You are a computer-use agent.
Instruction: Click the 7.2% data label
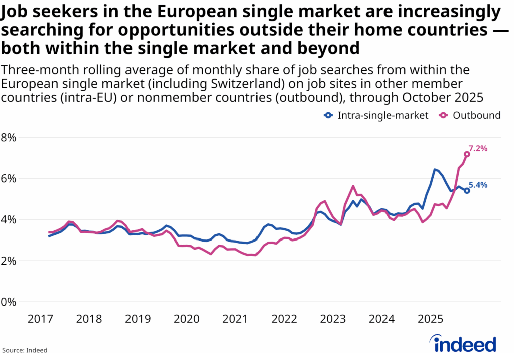tap(478, 148)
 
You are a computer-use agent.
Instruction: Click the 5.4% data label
tap(478, 185)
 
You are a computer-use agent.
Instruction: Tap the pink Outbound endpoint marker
tap(467, 154)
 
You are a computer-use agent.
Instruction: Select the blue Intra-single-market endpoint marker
tap(467, 191)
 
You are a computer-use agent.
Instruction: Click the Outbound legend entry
tap(471, 115)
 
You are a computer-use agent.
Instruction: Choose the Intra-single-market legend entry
tap(376, 115)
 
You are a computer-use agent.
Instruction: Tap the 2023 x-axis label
tap(332, 319)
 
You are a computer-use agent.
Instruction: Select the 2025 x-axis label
tap(430, 319)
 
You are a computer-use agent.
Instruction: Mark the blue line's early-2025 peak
tap(435, 170)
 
